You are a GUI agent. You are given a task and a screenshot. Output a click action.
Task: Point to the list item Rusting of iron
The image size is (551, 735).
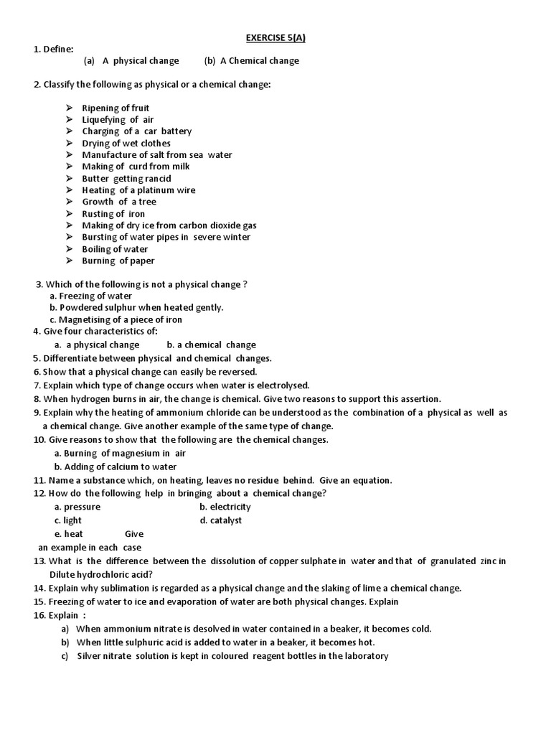113,214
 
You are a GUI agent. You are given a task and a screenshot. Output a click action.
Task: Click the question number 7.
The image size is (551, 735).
36,385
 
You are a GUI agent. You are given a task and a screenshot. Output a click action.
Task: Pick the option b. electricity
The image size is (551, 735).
225,507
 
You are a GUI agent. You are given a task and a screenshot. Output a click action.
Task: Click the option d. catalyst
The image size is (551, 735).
220,520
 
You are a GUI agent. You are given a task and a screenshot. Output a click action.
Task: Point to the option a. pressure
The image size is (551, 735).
77,507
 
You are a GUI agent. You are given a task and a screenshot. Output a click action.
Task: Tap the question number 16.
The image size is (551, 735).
39,615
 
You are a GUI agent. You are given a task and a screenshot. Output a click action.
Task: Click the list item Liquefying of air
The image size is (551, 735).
118,120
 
